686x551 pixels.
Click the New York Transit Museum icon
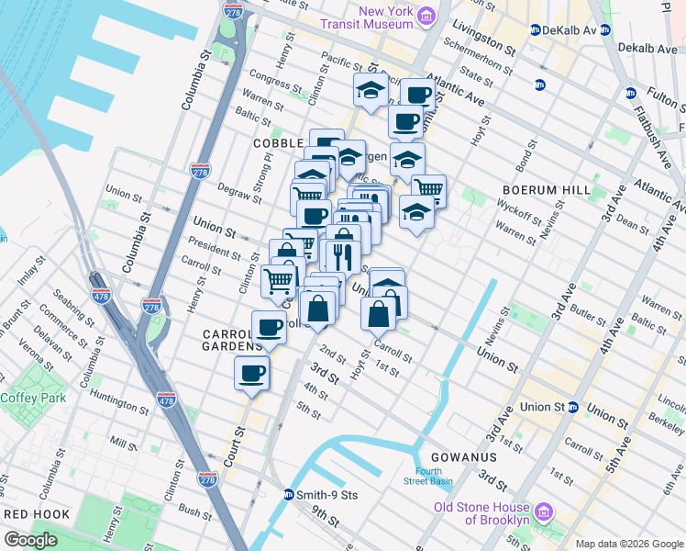click(426, 17)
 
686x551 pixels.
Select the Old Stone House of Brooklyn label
click(481, 514)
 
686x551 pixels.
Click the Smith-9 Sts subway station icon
click(288, 494)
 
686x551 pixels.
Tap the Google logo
click(30, 539)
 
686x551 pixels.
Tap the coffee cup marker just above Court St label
click(252, 373)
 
